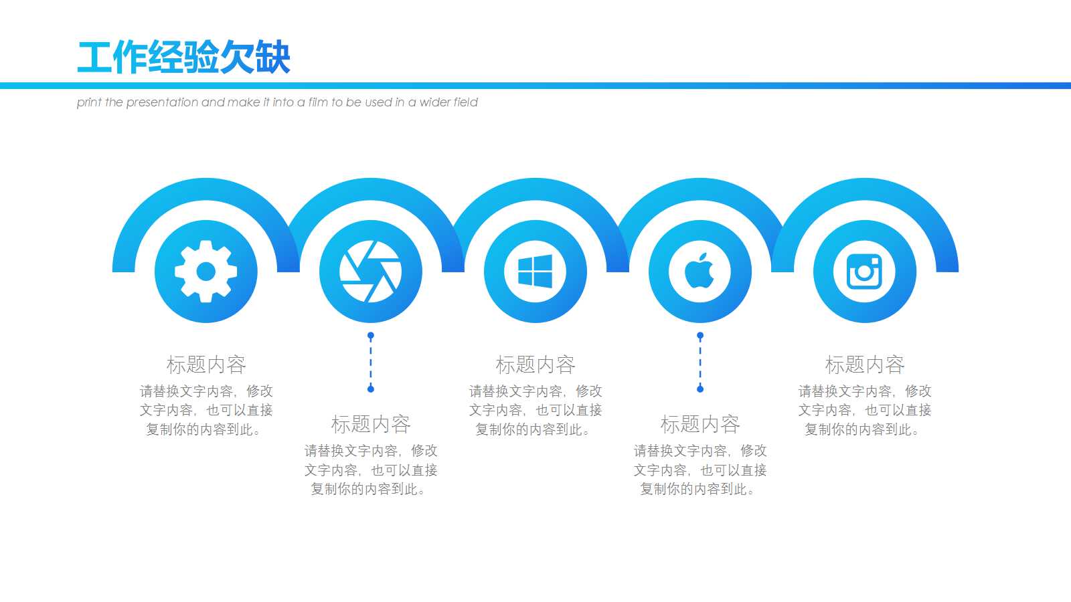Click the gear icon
click(x=206, y=272)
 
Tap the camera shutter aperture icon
click(x=371, y=272)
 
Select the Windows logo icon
click(x=535, y=272)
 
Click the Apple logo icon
click(x=700, y=272)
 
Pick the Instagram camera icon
click(x=865, y=272)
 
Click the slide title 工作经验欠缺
click(x=184, y=58)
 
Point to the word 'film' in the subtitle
click(x=318, y=102)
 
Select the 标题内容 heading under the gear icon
click(x=206, y=365)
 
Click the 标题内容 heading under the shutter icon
click(x=371, y=424)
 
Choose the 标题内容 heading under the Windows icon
click(x=535, y=365)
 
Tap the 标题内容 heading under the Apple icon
click(x=700, y=424)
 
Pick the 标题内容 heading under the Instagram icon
click(x=865, y=365)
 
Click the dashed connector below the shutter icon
click(x=371, y=362)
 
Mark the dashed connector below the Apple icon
click(x=700, y=362)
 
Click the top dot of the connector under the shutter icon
click(x=371, y=335)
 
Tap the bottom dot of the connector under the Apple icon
click(x=700, y=389)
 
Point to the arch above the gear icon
click(x=206, y=190)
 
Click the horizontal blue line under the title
click(x=535, y=86)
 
